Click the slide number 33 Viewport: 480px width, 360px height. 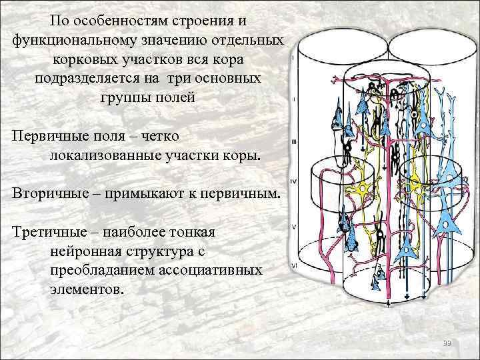tap(447, 343)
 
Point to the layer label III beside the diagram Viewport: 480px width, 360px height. tap(293, 141)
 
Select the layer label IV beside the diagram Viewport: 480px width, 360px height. tap(293, 181)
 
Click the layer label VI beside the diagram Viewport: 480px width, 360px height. tap(293, 265)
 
